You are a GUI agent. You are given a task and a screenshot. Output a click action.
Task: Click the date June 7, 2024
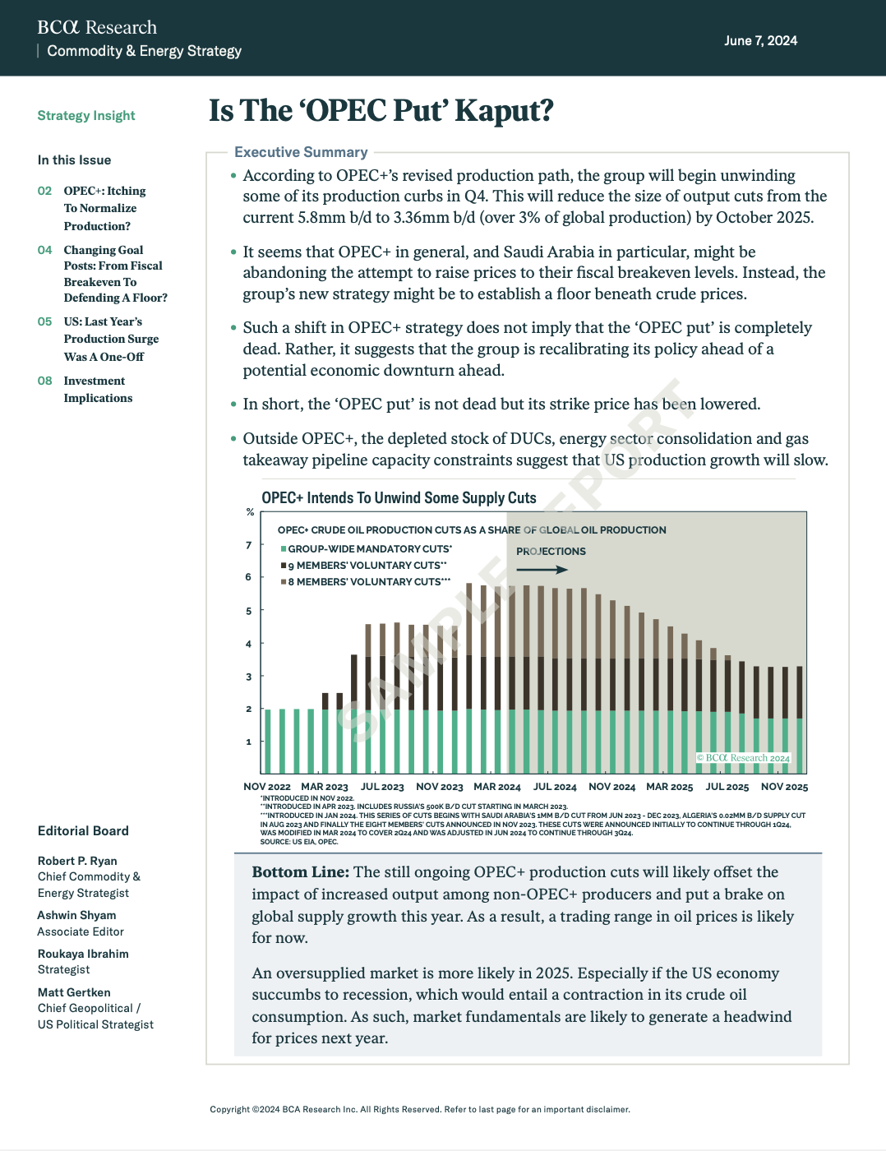point(760,41)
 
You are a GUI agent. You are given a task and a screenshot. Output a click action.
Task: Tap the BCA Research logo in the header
point(97,27)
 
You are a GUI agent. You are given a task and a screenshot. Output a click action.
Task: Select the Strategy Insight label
point(86,116)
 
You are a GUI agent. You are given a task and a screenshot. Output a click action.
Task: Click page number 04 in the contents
point(44,250)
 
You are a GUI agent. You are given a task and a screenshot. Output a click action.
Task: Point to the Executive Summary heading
point(301,152)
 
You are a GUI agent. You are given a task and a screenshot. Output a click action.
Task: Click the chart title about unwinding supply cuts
point(399,498)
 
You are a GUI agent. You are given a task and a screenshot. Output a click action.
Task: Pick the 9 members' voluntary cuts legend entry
point(367,566)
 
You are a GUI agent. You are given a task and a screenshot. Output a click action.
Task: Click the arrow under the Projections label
point(542,570)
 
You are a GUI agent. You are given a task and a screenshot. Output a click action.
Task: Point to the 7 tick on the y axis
point(249,545)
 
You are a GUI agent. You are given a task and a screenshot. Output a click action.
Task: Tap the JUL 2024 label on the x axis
point(555,787)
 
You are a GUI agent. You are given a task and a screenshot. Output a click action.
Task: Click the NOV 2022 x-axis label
point(267,787)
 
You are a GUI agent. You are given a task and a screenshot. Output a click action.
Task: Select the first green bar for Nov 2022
point(268,741)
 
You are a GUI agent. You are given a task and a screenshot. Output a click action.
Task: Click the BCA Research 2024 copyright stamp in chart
point(743,758)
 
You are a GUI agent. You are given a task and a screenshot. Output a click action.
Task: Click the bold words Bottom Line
point(300,872)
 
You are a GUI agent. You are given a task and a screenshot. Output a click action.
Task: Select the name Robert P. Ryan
point(77,861)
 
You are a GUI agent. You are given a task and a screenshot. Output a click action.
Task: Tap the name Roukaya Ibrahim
point(83,954)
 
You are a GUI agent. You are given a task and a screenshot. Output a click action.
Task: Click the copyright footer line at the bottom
point(420,1110)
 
